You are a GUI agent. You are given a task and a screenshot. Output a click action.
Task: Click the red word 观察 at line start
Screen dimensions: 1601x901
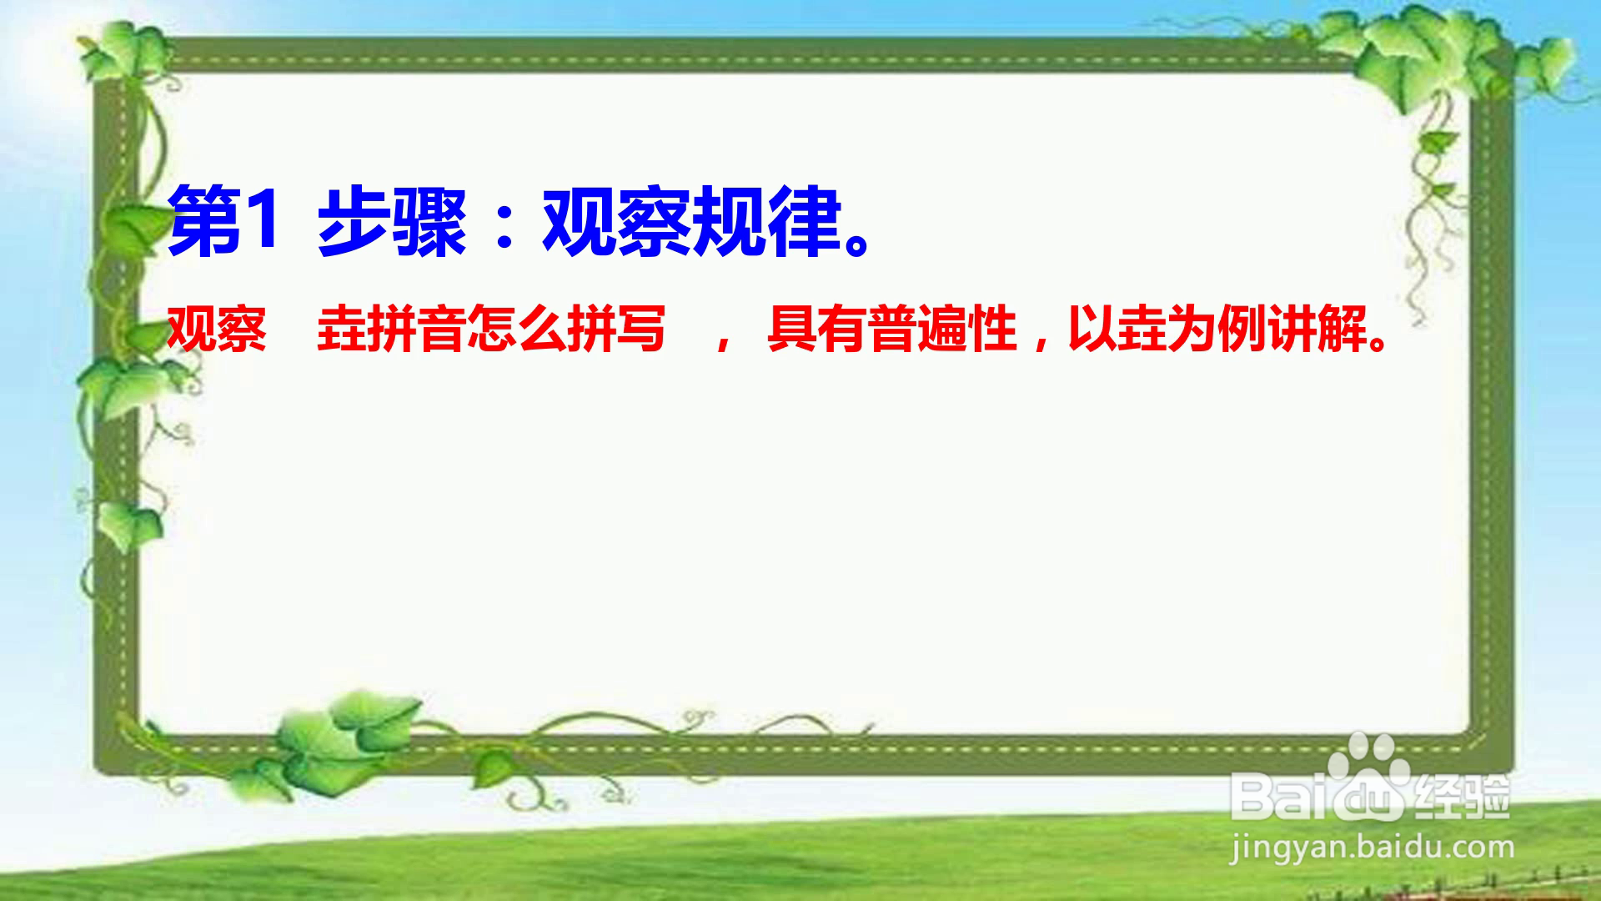click(x=217, y=329)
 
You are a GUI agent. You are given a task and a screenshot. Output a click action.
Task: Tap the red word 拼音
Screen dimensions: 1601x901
click(x=417, y=329)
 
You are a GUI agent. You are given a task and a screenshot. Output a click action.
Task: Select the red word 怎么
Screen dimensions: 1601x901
click(x=517, y=329)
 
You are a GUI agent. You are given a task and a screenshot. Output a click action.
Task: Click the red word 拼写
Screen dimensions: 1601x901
click(x=617, y=329)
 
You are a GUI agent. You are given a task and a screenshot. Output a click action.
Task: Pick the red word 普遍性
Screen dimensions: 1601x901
click(x=942, y=329)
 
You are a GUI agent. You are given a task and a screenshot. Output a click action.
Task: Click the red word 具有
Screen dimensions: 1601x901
click(x=817, y=329)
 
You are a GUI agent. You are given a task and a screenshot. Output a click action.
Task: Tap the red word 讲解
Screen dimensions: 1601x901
click(x=1317, y=329)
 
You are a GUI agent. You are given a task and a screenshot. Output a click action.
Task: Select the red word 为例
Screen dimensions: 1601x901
click(x=1217, y=329)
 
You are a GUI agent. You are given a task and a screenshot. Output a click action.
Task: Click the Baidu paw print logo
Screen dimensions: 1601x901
click(x=1368, y=776)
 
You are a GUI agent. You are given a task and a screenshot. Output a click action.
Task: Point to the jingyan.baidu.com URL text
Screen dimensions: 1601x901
click(x=1372, y=849)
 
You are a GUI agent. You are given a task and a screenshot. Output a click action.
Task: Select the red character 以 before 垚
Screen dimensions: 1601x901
click(x=1092, y=329)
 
